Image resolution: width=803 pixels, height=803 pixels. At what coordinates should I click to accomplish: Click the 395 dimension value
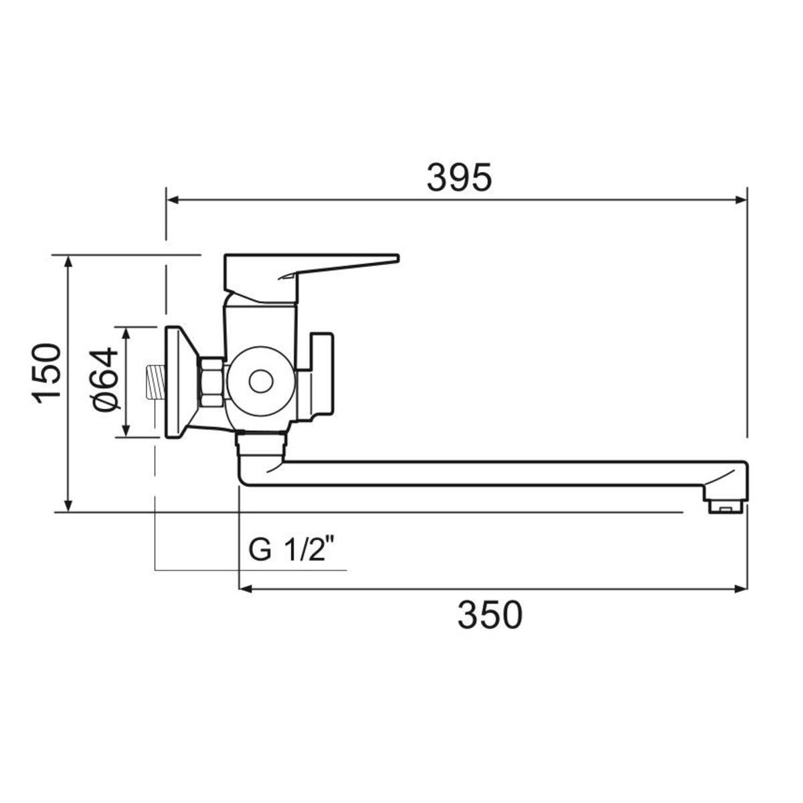tap(459, 177)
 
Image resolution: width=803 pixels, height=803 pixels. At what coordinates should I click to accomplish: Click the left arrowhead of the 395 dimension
tap(173, 200)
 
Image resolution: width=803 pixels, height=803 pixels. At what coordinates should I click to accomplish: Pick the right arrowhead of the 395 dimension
tap(741, 200)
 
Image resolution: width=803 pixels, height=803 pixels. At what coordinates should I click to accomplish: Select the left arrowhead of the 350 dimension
tap(246, 589)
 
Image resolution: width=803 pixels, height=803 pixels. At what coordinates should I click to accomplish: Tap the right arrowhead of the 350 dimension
tap(741, 589)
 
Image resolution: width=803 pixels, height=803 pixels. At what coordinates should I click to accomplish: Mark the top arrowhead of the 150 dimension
tap(69, 262)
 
